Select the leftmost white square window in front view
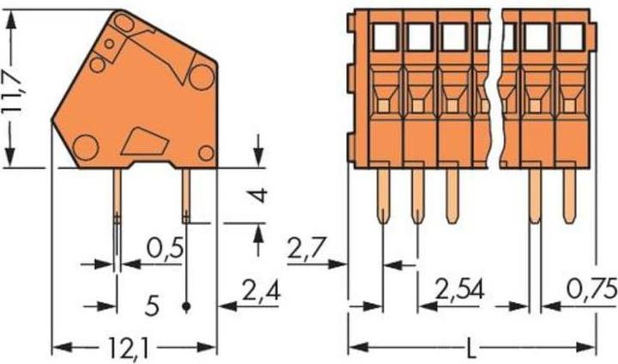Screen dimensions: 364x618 pos(385,36)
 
